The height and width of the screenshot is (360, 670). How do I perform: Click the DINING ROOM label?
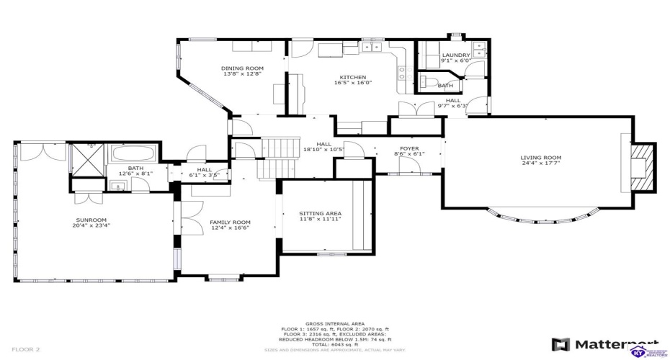(x=242, y=68)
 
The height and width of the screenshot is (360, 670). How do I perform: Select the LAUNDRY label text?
(x=455, y=55)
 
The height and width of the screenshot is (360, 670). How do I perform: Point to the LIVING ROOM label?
(x=540, y=158)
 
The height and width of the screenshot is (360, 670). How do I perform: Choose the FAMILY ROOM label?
(x=230, y=222)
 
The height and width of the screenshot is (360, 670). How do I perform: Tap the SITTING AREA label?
(x=320, y=213)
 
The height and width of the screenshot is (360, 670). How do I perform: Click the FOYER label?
(x=410, y=148)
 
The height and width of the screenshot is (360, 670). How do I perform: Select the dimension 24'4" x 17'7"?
(x=540, y=163)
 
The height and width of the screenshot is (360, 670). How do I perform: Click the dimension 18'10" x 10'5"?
(x=323, y=149)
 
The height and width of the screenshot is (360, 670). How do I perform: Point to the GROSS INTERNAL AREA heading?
(x=334, y=324)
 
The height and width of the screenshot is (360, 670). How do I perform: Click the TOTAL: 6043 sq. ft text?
(x=334, y=343)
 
